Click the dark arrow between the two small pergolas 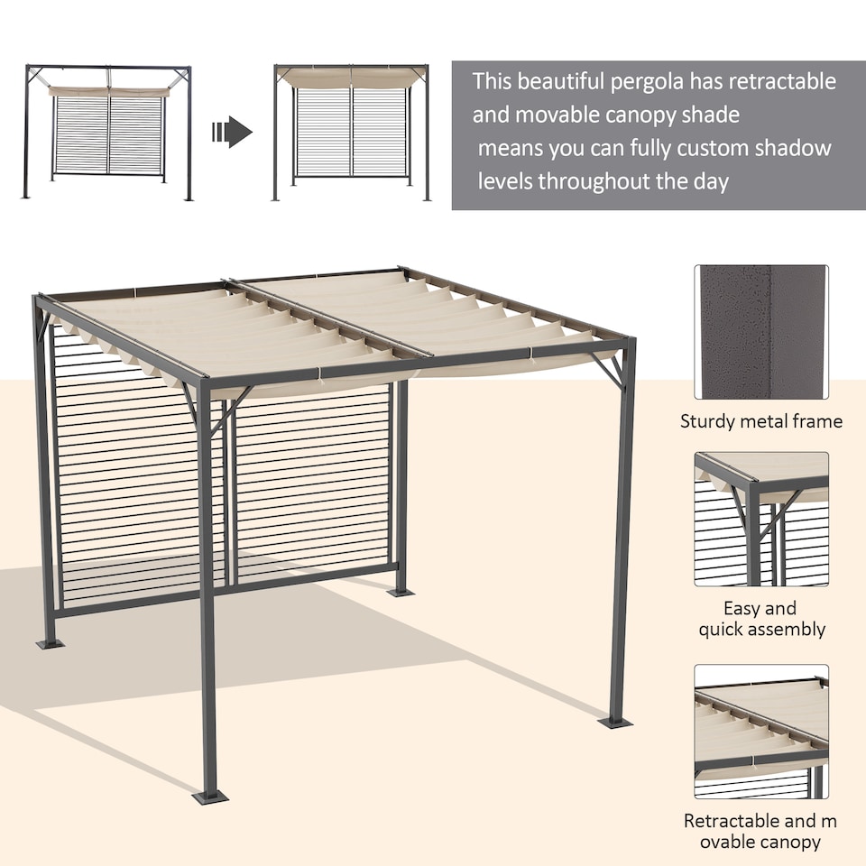pos(232,133)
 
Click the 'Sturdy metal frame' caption pos(761,421)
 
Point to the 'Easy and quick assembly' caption pos(761,619)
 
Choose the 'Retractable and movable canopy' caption pos(761,832)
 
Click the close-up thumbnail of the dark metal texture pos(761,331)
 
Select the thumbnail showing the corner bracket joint pos(761,520)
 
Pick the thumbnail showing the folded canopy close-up pos(761,732)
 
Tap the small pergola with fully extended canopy pos(352,132)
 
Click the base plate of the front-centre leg pos(210,797)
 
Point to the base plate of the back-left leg pos(50,643)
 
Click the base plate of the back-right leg pos(401,592)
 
